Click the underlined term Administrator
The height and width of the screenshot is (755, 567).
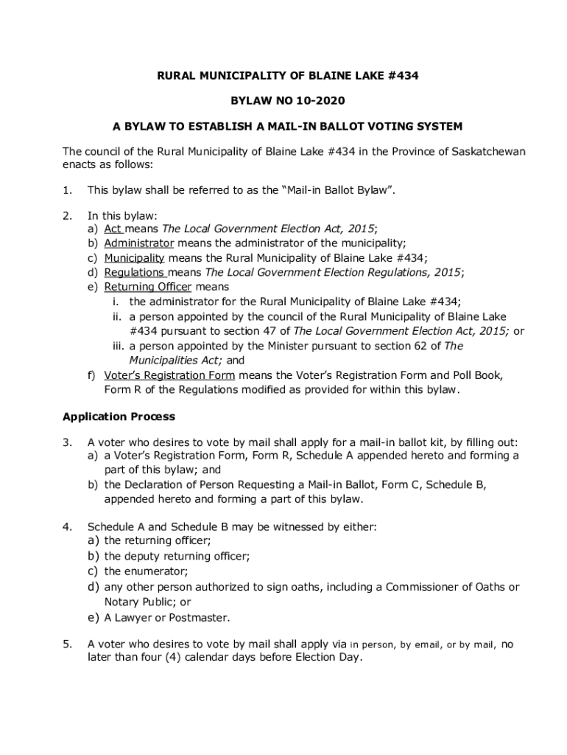[x=138, y=243]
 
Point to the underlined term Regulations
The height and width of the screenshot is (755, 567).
[x=133, y=272]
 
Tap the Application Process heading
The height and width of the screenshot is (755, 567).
[x=119, y=417]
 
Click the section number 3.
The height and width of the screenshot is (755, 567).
[x=67, y=442]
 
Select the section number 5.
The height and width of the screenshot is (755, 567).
[x=67, y=644]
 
